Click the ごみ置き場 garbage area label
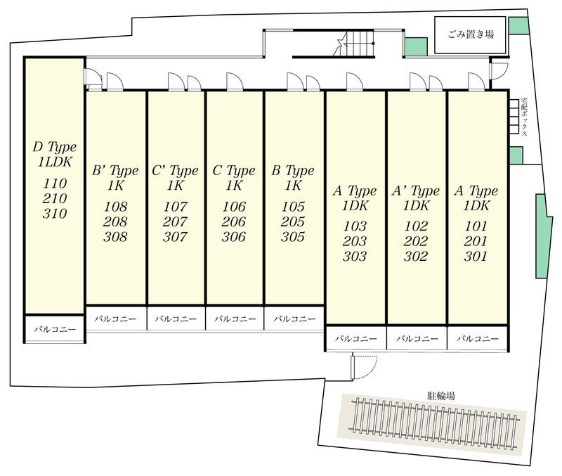471,34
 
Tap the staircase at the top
354,44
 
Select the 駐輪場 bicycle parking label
441,396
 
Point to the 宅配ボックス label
524,117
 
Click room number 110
55,184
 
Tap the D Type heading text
55,147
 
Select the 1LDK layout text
55,162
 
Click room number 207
175,221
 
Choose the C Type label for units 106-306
234,171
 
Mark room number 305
293,237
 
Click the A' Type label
416,191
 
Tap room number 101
476,226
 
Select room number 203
355,241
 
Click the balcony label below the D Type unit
55,329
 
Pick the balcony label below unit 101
478,338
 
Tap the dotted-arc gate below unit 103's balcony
364,366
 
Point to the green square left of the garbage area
416,47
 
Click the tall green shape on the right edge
543,236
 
